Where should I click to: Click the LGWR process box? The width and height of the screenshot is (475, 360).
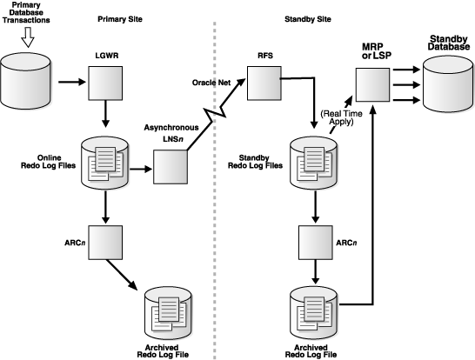(x=106, y=84)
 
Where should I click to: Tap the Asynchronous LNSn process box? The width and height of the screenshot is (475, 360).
(x=170, y=164)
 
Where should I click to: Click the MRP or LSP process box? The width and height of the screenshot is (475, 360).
(x=373, y=85)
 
